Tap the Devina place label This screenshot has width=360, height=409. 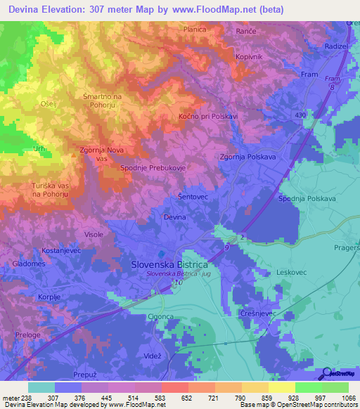click(174, 219)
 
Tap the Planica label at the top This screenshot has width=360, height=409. click(194, 30)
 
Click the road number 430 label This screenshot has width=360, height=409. click(301, 115)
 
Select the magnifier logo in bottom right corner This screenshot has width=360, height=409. click(326, 373)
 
